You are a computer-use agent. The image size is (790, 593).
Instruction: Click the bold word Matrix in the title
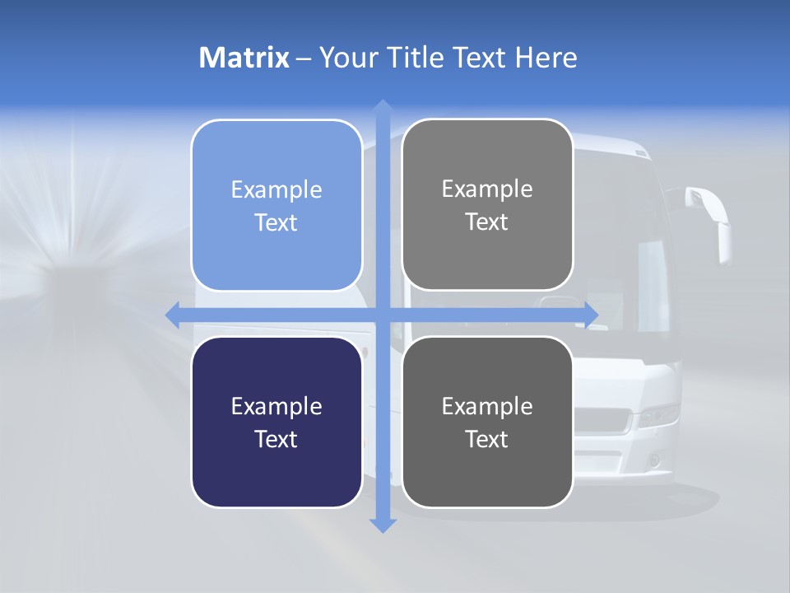tap(244, 58)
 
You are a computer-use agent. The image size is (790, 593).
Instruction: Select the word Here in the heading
tap(546, 58)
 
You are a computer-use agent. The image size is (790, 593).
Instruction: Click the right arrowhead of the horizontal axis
tap(591, 315)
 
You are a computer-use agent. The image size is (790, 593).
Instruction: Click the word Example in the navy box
tap(276, 406)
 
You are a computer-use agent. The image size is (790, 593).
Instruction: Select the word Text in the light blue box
tap(276, 223)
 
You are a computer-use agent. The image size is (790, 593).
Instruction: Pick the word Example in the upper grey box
tap(487, 189)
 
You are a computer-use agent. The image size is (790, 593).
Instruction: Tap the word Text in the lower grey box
tap(487, 439)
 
